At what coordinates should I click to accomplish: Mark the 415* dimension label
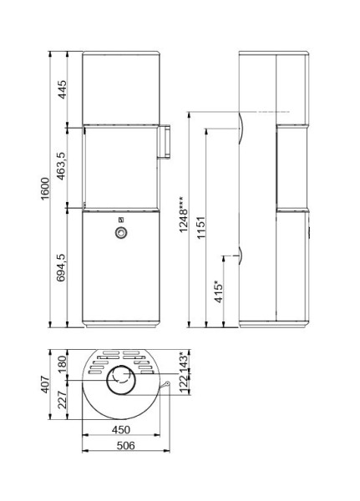point(219,294)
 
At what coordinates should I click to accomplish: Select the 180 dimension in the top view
point(61,364)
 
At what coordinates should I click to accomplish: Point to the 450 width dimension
point(121,430)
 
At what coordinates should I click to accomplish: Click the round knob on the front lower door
point(120,233)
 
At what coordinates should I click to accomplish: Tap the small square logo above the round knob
point(120,220)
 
